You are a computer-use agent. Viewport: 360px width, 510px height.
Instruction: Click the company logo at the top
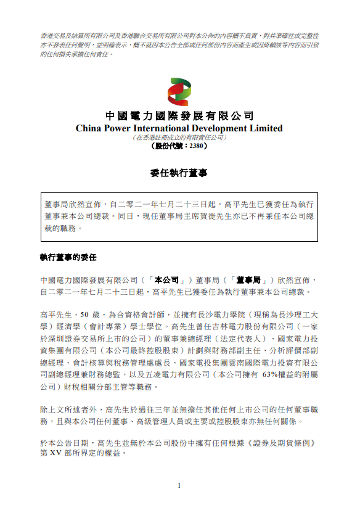point(179,91)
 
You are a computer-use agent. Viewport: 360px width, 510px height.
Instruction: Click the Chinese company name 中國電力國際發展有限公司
point(179,116)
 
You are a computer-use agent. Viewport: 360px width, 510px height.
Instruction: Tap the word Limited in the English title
point(266,128)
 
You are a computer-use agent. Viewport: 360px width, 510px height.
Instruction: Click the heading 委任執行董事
point(179,173)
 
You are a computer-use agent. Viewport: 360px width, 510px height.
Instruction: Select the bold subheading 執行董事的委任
point(68,255)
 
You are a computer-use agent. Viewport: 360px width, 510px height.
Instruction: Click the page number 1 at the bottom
point(179,485)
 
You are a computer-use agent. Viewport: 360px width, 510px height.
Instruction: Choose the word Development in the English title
point(225,128)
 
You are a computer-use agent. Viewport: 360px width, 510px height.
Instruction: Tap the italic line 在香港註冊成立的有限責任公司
point(179,138)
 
